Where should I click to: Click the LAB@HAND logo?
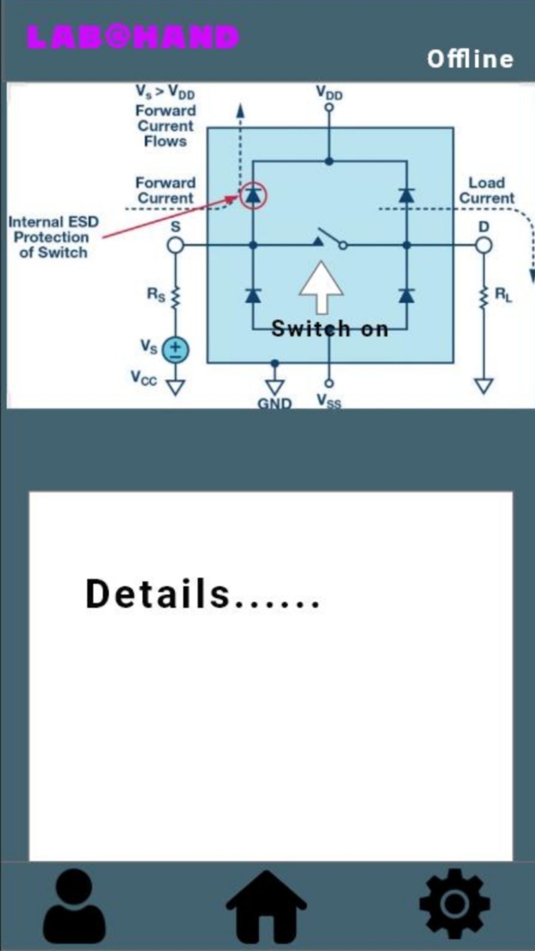pyautogui.click(x=134, y=37)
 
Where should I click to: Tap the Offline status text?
pyautogui.click(x=470, y=59)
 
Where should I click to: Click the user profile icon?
pyautogui.click(x=74, y=909)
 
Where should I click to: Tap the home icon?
pyautogui.click(x=266, y=909)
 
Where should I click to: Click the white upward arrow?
pyautogui.click(x=322, y=287)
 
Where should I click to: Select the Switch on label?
pyautogui.click(x=330, y=328)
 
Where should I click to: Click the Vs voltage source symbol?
pyautogui.click(x=176, y=349)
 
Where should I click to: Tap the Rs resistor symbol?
pyautogui.click(x=176, y=296)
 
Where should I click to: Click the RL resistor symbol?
pyautogui.click(x=484, y=296)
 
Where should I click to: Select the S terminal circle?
pyautogui.click(x=175, y=245)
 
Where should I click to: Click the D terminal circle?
pyautogui.click(x=484, y=245)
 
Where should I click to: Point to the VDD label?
pyautogui.click(x=329, y=93)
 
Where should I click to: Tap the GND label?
pyautogui.click(x=275, y=403)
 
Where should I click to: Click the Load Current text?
pyautogui.click(x=487, y=191)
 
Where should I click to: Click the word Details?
pyautogui.click(x=158, y=594)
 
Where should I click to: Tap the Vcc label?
pyautogui.click(x=144, y=379)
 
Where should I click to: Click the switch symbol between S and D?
pyautogui.click(x=330, y=239)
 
